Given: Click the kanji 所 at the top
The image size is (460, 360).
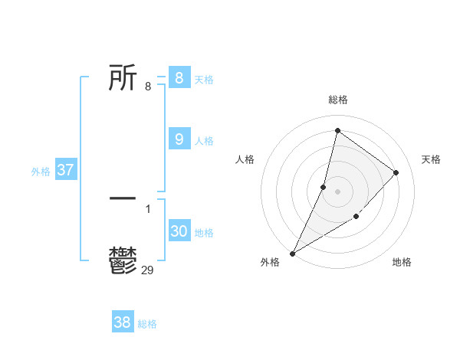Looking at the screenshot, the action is point(123,78).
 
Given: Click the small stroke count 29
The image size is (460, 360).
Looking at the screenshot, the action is point(148,269).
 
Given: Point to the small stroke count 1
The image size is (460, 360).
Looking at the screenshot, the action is point(147,208).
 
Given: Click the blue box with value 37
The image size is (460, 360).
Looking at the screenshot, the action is point(65,170).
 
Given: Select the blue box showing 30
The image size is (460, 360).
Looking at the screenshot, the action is point(179,231).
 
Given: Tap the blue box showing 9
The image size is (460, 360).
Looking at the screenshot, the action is point(179,139).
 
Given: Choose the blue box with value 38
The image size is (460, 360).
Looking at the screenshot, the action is point(122,322).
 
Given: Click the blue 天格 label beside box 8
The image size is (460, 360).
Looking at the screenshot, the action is point(204,80).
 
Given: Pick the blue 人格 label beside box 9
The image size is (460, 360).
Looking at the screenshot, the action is point(204,141).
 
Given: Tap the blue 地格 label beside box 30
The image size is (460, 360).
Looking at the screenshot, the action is point(204,233).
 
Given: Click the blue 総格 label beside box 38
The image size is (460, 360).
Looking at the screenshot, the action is point(147,324).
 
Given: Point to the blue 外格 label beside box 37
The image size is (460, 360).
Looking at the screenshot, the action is point(41,172).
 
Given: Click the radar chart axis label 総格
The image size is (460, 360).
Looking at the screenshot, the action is point(338,100).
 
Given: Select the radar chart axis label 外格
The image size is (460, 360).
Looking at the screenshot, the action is point(270,262).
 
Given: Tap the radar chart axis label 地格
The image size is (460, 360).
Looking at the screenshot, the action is point(402,262).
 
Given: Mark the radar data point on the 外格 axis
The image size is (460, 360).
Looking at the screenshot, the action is point(292,254).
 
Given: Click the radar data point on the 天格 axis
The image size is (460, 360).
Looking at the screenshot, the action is point(396,172).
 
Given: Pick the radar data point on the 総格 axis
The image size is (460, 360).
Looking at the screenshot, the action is point(337,131).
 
